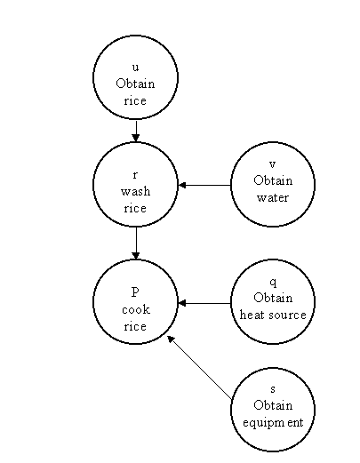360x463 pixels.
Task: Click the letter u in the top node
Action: [x=135, y=68]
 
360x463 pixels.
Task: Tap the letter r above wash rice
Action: [x=135, y=175]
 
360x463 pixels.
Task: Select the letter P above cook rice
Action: [x=135, y=291]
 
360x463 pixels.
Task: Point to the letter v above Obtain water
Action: [x=273, y=164]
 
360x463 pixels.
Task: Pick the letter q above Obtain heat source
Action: [x=273, y=283]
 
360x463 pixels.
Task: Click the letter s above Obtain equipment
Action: [x=273, y=389]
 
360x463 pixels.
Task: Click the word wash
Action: [x=135, y=191]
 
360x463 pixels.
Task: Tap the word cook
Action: [x=136, y=309]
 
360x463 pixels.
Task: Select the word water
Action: [x=273, y=197]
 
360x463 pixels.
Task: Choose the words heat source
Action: [x=273, y=315]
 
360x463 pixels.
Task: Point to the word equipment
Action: [x=273, y=423]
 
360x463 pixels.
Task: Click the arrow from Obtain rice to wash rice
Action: [x=136, y=131]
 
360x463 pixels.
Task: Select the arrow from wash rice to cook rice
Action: [x=136, y=243]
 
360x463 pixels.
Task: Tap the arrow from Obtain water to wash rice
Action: [x=204, y=185]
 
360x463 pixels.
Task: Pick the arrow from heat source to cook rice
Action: [x=204, y=303]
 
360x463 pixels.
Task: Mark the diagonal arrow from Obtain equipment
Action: [x=199, y=367]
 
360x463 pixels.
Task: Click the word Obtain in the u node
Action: [x=135, y=84]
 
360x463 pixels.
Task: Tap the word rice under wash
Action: [x=135, y=208]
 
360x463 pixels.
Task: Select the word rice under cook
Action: [x=135, y=326]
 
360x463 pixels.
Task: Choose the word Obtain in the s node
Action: [x=273, y=405]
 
